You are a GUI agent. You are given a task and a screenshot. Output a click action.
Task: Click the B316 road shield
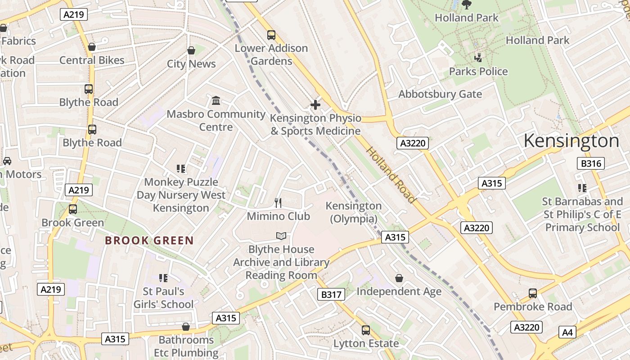point(591,163)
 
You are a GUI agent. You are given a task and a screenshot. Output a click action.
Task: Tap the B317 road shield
point(331,295)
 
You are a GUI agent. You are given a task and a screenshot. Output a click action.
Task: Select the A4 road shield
point(567,333)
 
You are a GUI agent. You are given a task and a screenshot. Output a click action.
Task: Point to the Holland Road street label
point(390,175)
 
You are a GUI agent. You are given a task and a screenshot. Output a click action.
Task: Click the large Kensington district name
point(571,141)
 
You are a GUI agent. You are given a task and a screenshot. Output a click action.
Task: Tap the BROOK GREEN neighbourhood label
point(149,241)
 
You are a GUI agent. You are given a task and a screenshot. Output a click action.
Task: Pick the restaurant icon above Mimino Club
point(278,203)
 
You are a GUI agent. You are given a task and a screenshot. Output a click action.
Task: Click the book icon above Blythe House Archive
point(281,236)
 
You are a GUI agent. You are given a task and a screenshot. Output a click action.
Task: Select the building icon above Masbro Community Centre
point(216,100)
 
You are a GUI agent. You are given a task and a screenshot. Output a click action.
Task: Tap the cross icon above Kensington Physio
point(315,105)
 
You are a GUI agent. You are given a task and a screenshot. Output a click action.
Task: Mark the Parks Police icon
point(478,58)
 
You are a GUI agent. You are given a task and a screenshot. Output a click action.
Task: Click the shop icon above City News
point(191,50)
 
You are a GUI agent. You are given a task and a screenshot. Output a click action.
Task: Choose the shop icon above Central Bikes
point(92,47)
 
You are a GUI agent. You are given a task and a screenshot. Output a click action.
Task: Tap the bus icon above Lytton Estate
point(366,330)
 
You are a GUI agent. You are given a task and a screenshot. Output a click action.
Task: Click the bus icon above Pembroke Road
point(533,293)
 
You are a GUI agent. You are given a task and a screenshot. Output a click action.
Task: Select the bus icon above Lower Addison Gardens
point(271,35)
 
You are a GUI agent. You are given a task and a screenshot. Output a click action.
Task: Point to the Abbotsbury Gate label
point(440,94)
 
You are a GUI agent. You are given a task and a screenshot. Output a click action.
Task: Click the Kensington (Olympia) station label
point(353,212)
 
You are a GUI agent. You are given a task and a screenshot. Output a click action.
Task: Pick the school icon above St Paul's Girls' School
point(163,278)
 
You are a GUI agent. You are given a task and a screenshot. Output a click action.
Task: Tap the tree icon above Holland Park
point(467,4)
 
